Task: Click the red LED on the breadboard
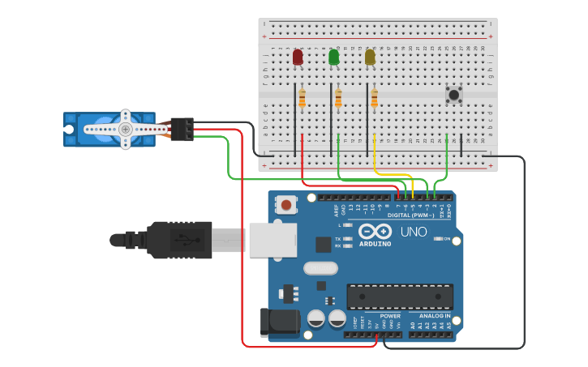298,57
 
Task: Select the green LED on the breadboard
334,57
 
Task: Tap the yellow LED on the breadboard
370,57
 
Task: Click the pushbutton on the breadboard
454,95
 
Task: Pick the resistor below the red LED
303,99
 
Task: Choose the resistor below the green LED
338,99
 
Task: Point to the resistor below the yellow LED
374,99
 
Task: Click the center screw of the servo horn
125,130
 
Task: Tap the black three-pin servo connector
182,129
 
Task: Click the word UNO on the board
413,232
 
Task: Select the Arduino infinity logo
375,231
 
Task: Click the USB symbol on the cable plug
187,240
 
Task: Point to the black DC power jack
279,322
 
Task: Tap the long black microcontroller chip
400,297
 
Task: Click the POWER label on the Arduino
390,316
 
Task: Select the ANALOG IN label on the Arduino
435,316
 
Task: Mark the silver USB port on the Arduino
273,241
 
